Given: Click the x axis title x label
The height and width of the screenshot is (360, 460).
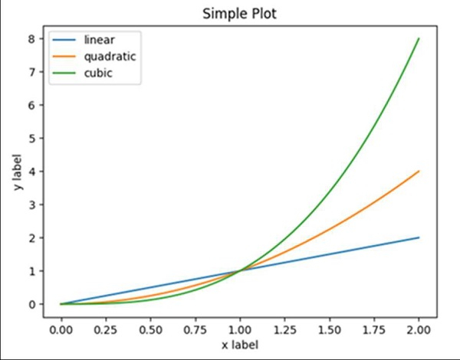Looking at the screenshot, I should click(239, 345).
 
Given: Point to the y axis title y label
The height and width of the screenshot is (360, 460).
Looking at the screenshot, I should click(16, 171).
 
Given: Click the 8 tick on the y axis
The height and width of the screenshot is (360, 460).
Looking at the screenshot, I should click(31, 38).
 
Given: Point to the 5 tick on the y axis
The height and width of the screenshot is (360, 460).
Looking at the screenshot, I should click(31, 138).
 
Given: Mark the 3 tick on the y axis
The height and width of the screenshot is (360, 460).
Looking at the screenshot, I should click(31, 205).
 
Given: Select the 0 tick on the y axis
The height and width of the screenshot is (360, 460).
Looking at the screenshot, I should click(31, 304).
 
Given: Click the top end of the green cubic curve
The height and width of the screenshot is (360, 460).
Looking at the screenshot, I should click(419, 38).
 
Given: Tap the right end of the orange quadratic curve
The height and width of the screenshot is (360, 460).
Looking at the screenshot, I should click(419, 171).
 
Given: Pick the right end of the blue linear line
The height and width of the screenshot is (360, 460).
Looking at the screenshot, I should click(419, 237).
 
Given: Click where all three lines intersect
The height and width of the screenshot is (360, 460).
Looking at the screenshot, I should click(239, 270).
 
